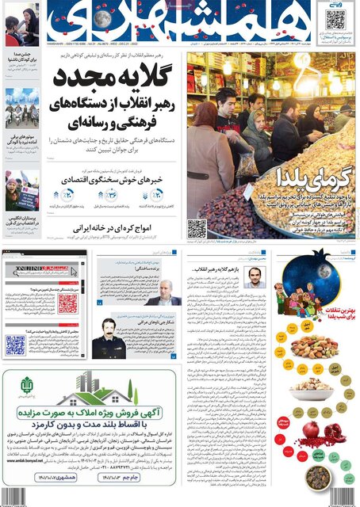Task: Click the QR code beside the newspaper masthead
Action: tap(335, 19)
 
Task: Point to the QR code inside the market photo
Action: tap(197, 229)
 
